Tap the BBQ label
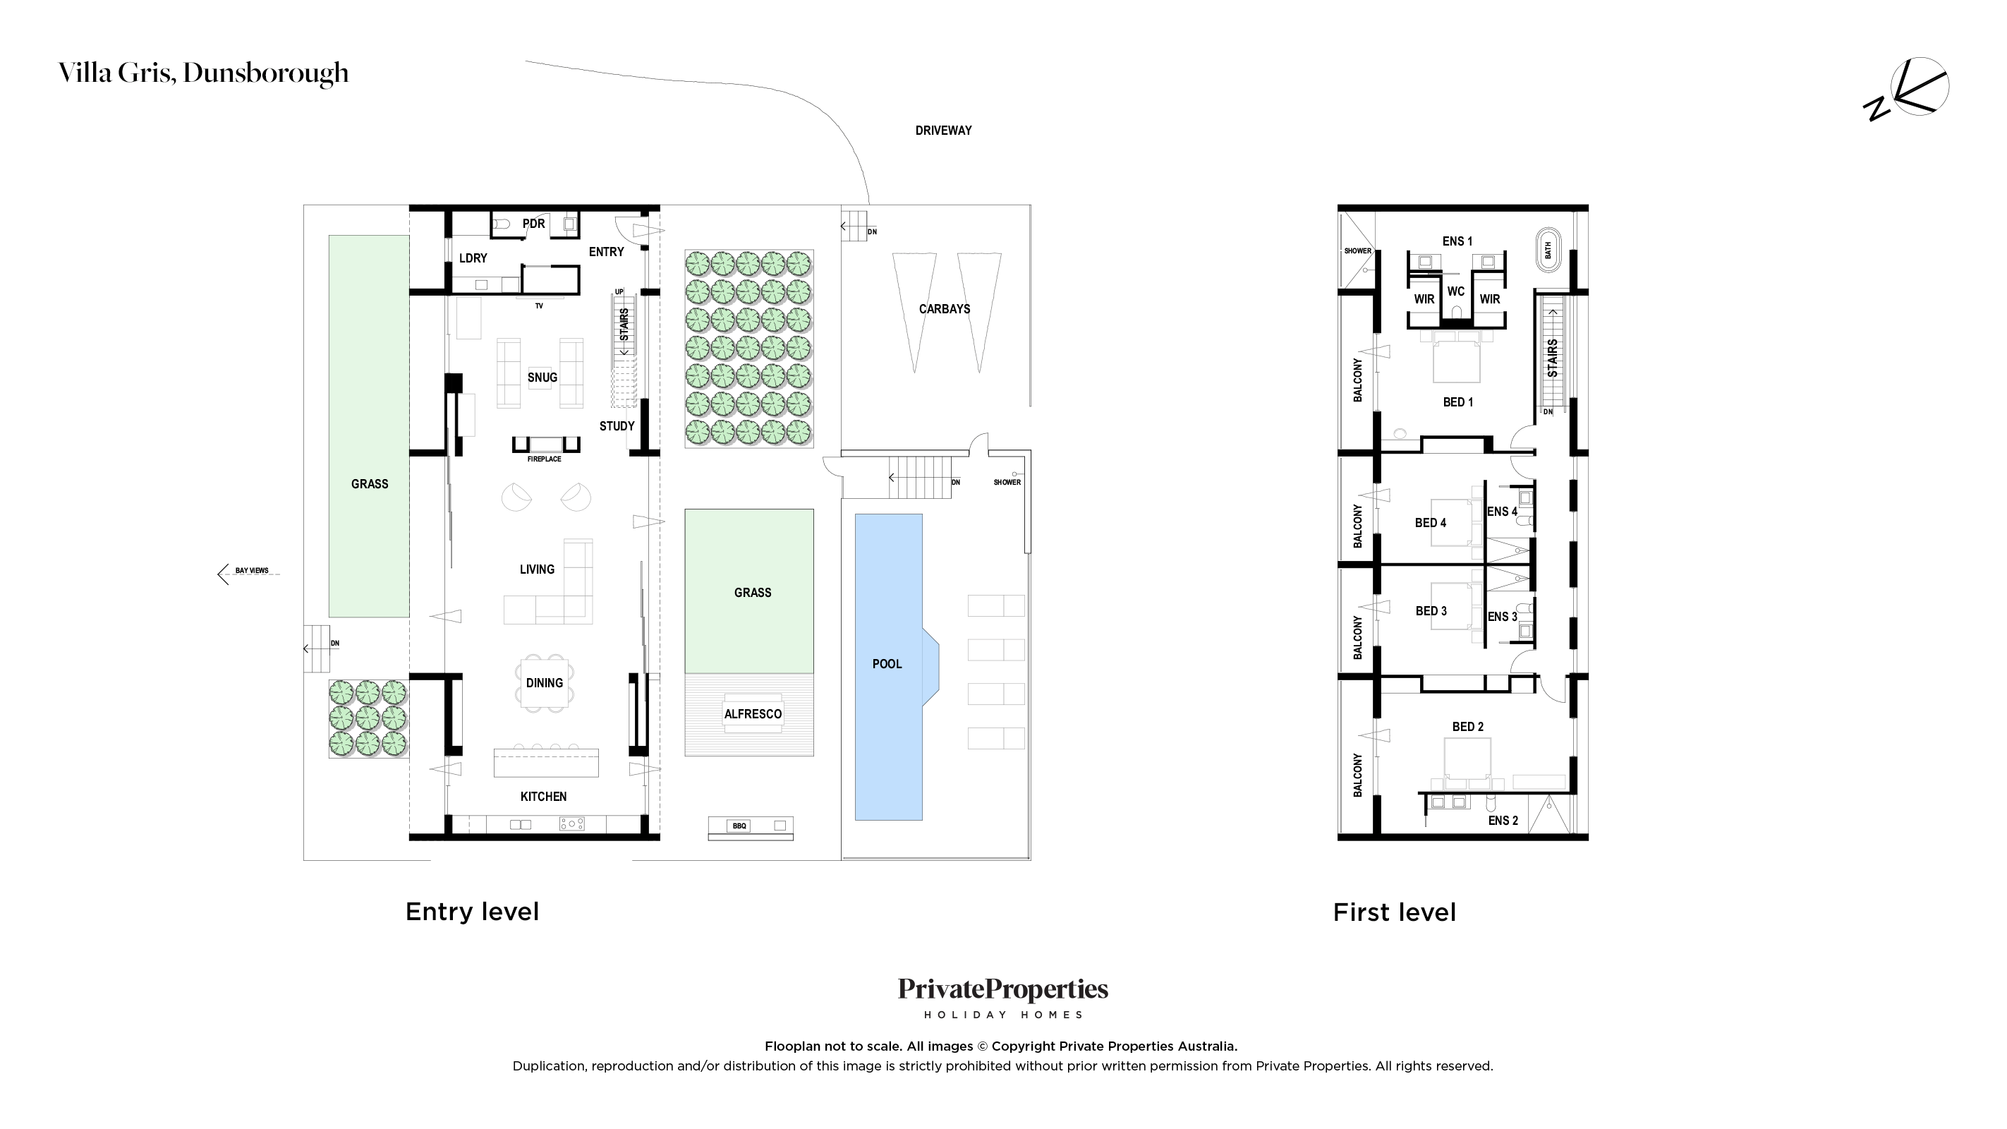[x=739, y=826]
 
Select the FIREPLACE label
[x=544, y=459]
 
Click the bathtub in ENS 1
[x=1548, y=250]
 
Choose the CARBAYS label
[x=945, y=309]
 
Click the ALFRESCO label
[x=753, y=713]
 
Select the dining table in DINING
[x=544, y=682]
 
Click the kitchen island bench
[x=546, y=763]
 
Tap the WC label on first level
[x=1456, y=291]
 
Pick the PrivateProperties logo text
[x=1003, y=989]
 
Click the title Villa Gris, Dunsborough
[x=204, y=73]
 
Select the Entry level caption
[x=472, y=912]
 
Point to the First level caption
[x=1395, y=912]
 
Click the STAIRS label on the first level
[x=1553, y=358]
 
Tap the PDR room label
[x=534, y=224]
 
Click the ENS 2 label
[x=1503, y=821]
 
